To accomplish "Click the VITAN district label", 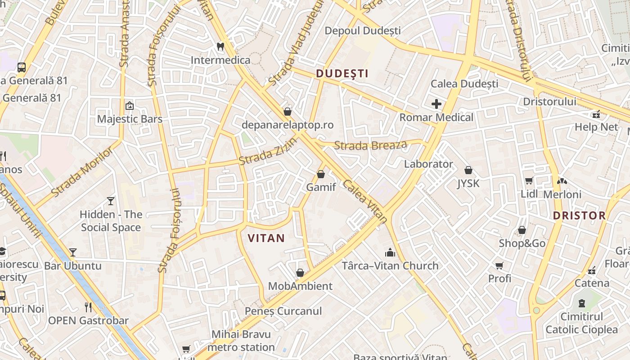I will [x=266, y=238].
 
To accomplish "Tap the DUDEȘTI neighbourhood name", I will [x=342, y=74].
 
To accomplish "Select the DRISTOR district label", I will [x=579, y=216].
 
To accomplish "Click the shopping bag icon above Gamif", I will [x=321, y=174].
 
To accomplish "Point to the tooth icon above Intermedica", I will [x=220, y=46].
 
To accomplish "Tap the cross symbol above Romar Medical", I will [x=436, y=104].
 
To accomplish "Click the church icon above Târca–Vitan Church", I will [x=390, y=252].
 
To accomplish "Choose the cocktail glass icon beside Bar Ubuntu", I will [x=73, y=252].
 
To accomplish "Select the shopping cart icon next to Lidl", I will [x=529, y=180].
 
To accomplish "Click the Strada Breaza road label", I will [x=370, y=145].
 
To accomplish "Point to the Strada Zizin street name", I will [x=268, y=151].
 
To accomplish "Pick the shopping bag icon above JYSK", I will [x=468, y=170].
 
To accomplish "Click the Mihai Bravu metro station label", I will [x=241, y=341].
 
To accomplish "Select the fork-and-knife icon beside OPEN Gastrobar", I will [x=88, y=307].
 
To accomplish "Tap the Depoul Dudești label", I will [x=362, y=31].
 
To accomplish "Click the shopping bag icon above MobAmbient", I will [x=300, y=273].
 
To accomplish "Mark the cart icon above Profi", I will [x=499, y=265].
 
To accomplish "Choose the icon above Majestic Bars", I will [x=130, y=106].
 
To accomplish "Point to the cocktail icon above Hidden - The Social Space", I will [x=111, y=201].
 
